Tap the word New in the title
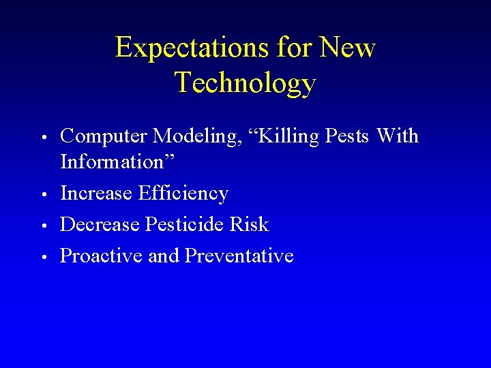click(347, 48)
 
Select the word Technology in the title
click(245, 82)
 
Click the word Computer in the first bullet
click(104, 136)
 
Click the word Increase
click(96, 194)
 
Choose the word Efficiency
click(183, 194)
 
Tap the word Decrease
click(100, 225)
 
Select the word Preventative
click(239, 256)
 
